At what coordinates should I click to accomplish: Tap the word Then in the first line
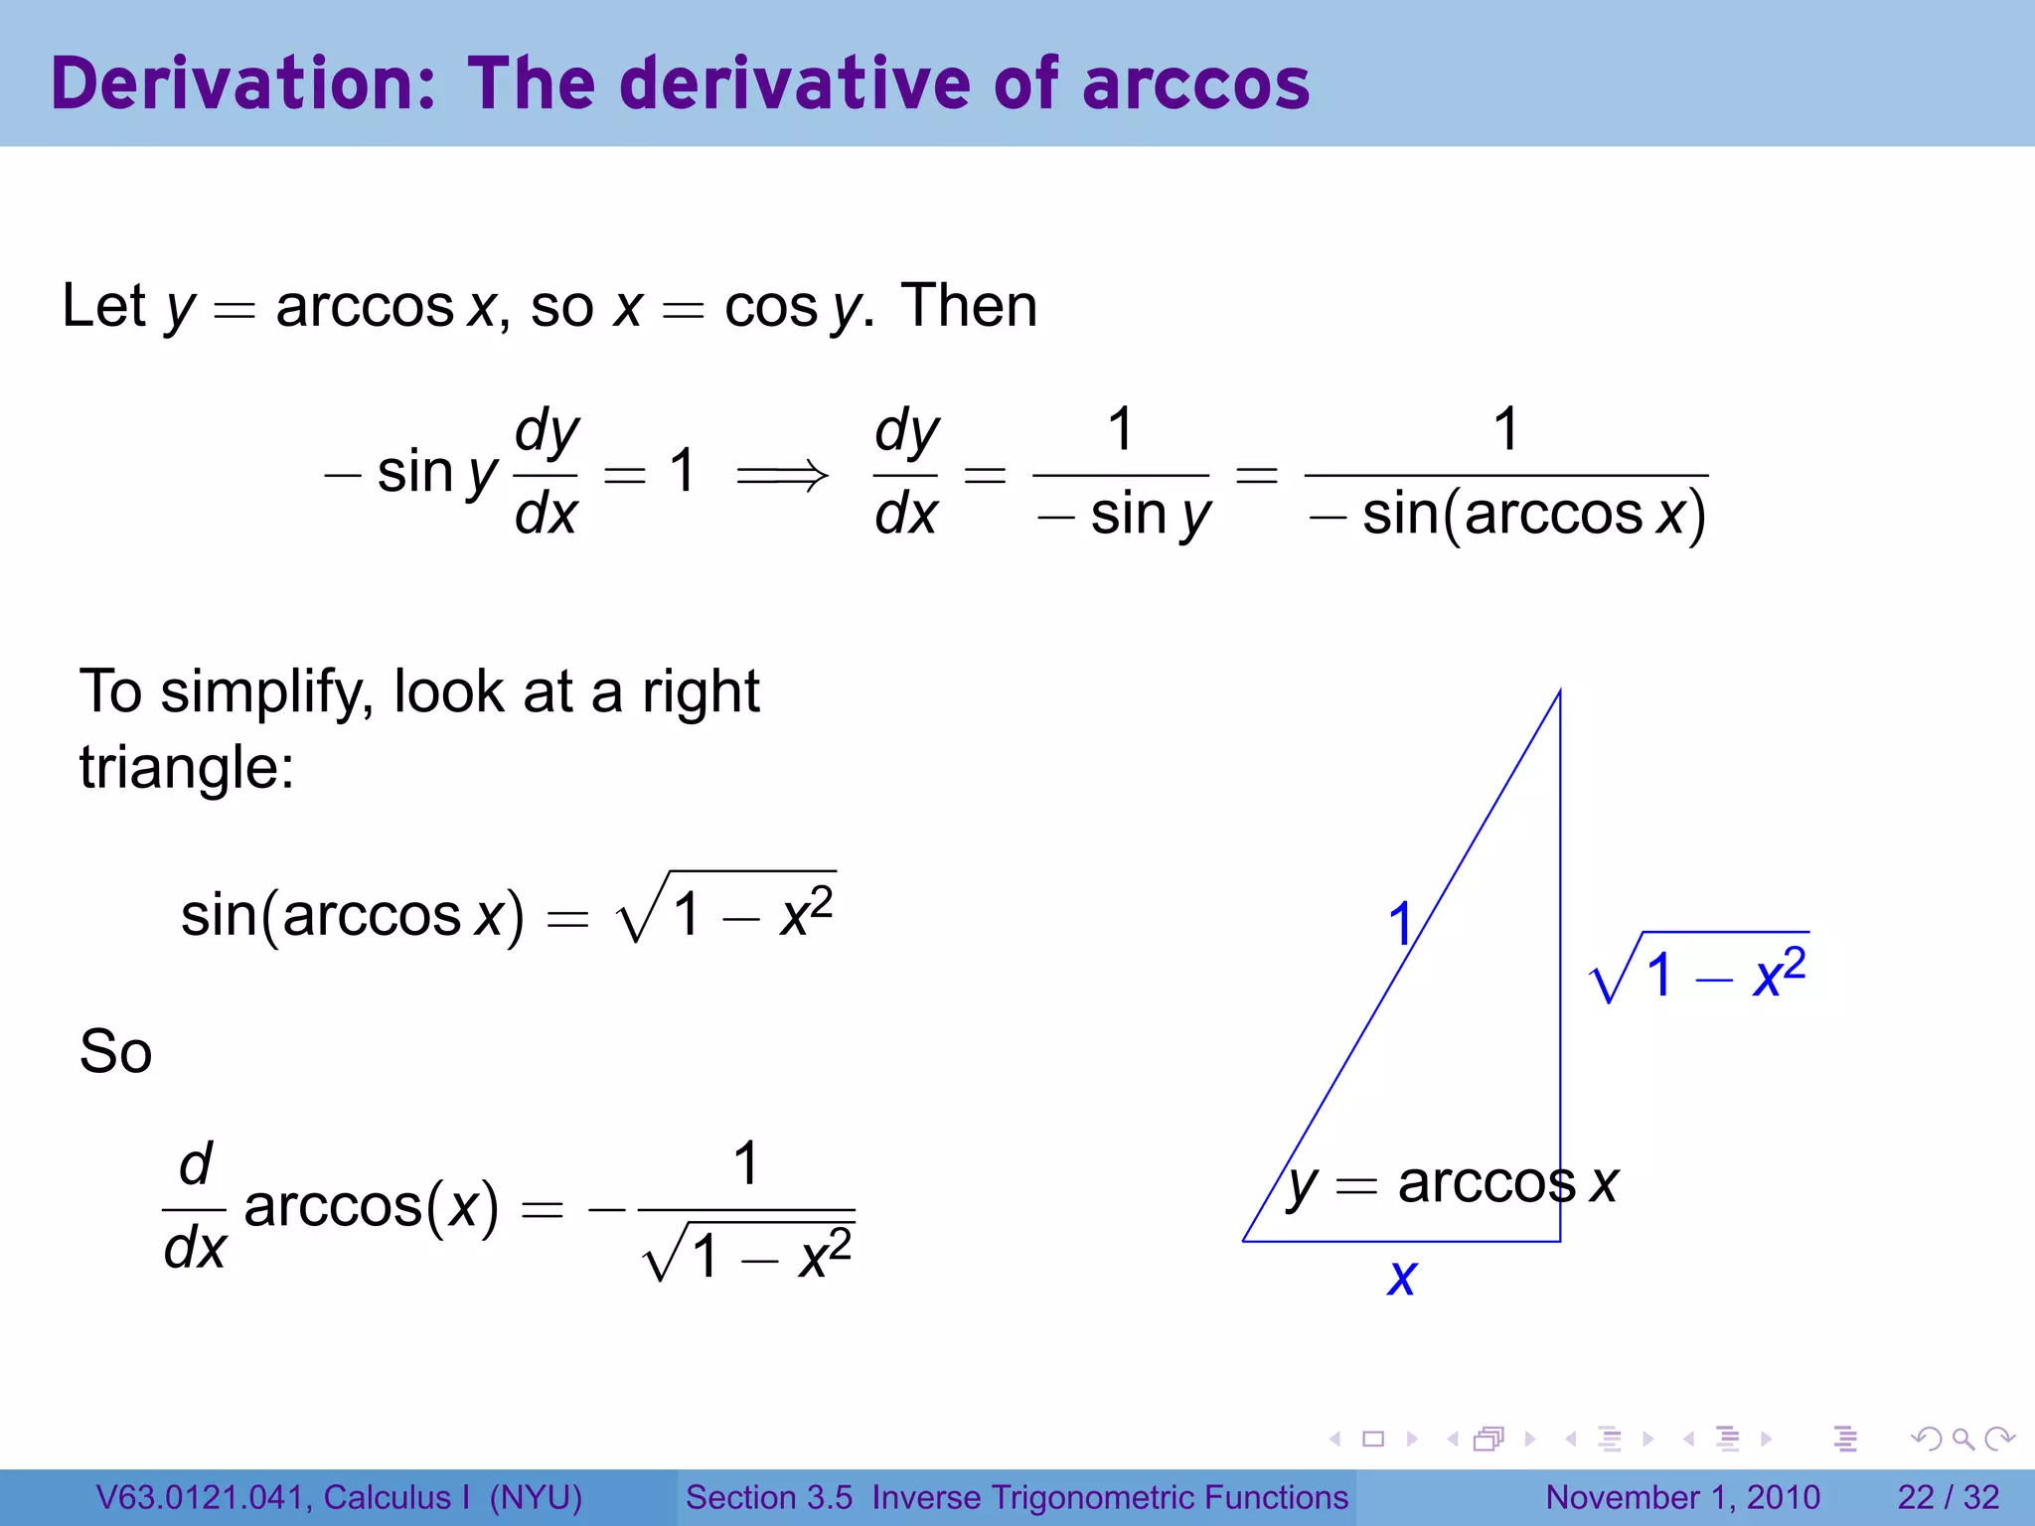[969, 305]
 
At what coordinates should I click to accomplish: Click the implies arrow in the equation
[781, 475]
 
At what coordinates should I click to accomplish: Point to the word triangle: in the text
[187, 767]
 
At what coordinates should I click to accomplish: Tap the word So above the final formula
[115, 1051]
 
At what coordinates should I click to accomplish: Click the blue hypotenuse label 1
[1400, 924]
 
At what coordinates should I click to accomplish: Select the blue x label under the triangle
[1401, 1276]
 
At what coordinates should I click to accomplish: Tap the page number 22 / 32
[1948, 1497]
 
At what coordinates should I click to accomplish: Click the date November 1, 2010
[1682, 1497]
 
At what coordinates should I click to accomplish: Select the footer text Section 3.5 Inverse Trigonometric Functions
[1017, 1497]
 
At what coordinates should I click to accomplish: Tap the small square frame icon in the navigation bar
[1373, 1439]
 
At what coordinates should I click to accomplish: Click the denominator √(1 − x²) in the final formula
[748, 1255]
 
